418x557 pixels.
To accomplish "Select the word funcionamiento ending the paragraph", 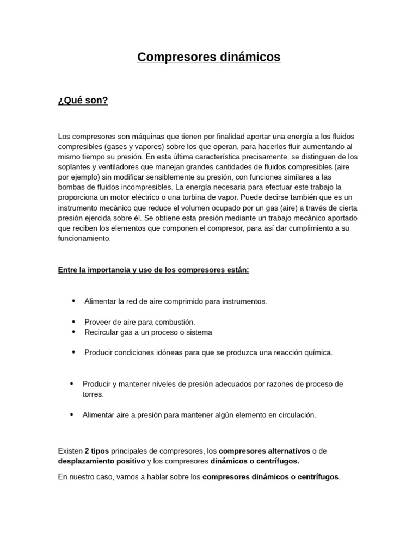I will click(x=84, y=239).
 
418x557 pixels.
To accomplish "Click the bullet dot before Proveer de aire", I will click(x=73, y=321).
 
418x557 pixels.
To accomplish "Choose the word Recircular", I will click(x=102, y=332).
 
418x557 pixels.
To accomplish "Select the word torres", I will click(x=93, y=394).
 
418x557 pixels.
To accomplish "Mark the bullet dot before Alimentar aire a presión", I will click(x=71, y=414).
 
